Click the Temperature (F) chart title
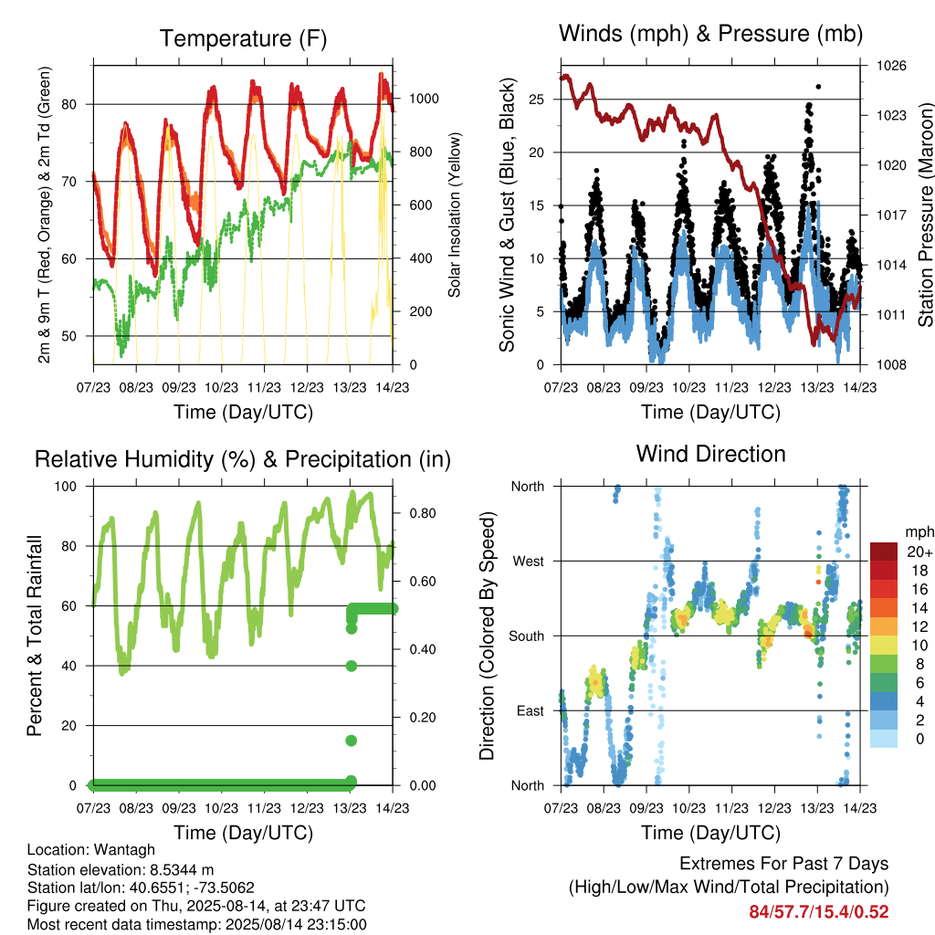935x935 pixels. pos(243,38)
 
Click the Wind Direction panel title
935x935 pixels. pos(710,455)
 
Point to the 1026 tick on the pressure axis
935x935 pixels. pos(891,66)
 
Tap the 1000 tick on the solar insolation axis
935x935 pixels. pos(424,99)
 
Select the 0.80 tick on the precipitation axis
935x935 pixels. pos(423,513)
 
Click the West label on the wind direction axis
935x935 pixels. pos(529,562)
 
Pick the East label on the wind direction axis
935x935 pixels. pos(531,710)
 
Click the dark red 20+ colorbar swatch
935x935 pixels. pos(883,552)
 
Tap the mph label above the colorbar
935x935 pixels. pos(919,532)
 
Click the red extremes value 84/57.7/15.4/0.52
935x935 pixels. pos(819,912)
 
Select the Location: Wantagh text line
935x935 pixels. pos(90,850)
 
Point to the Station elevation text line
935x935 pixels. pos(121,869)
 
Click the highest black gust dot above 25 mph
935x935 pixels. pos(818,87)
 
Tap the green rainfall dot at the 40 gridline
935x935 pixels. pos(352,666)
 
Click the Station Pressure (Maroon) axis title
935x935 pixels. pos(926,215)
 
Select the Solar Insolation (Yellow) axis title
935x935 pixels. pos(455,215)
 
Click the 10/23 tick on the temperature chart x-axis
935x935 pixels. pos(221,387)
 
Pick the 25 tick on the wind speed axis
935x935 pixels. pos(536,100)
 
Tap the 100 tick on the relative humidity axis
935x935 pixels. pos(66,487)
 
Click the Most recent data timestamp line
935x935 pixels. pos(197,925)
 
